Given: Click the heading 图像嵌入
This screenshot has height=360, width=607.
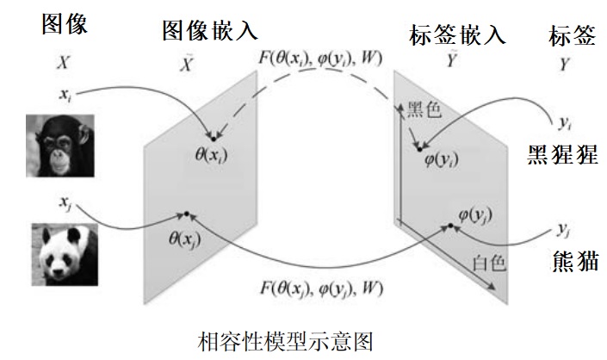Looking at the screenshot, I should [209, 32].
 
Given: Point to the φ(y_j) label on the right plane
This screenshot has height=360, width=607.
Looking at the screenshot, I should [475, 214].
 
